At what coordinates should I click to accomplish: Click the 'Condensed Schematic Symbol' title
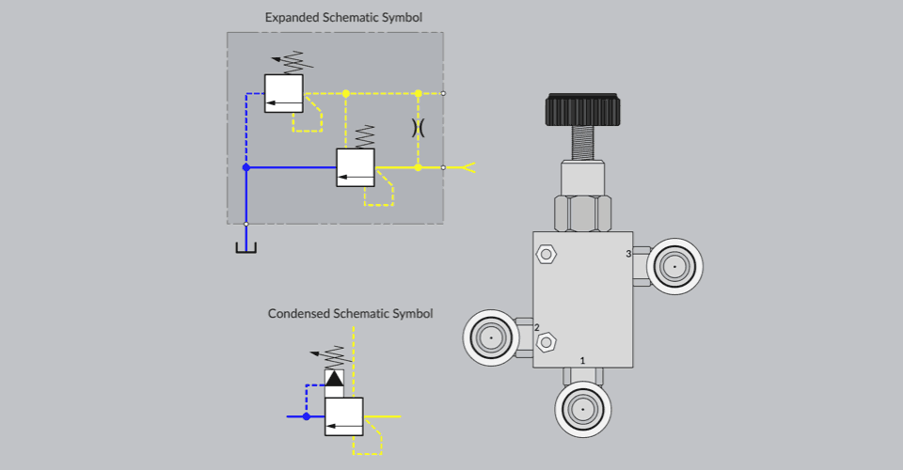(350, 313)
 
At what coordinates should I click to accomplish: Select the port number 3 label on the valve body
(629, 254)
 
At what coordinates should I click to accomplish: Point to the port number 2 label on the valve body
(537, 327)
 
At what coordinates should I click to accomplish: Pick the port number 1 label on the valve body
(583, 360)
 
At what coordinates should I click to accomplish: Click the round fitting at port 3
(674, 268)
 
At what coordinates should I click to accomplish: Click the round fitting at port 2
(490, 337)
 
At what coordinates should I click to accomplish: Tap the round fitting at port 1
(583, 410)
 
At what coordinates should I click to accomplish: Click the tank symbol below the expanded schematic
(246, 247)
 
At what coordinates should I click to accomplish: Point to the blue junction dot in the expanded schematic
(246, 167)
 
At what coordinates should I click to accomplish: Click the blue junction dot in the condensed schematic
(307, 415)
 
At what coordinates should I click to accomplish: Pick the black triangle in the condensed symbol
(334, 378)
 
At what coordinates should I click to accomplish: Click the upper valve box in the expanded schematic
(284, 93)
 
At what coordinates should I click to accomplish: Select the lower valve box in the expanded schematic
(356, 167)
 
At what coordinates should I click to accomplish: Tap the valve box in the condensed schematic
(344, 415)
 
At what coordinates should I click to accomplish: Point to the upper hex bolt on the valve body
(547, 254)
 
